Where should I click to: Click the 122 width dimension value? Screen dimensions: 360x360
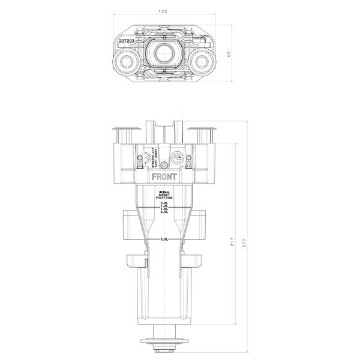164,11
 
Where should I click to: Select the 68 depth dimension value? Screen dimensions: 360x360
229,54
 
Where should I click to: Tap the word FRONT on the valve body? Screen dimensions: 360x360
164,178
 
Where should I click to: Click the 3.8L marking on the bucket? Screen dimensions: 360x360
164,240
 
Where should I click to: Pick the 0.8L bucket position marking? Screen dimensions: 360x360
164,203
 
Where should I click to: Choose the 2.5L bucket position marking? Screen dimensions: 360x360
164,212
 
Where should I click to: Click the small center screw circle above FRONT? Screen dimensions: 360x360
164,166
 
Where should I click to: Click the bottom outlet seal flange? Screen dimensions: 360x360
163,343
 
